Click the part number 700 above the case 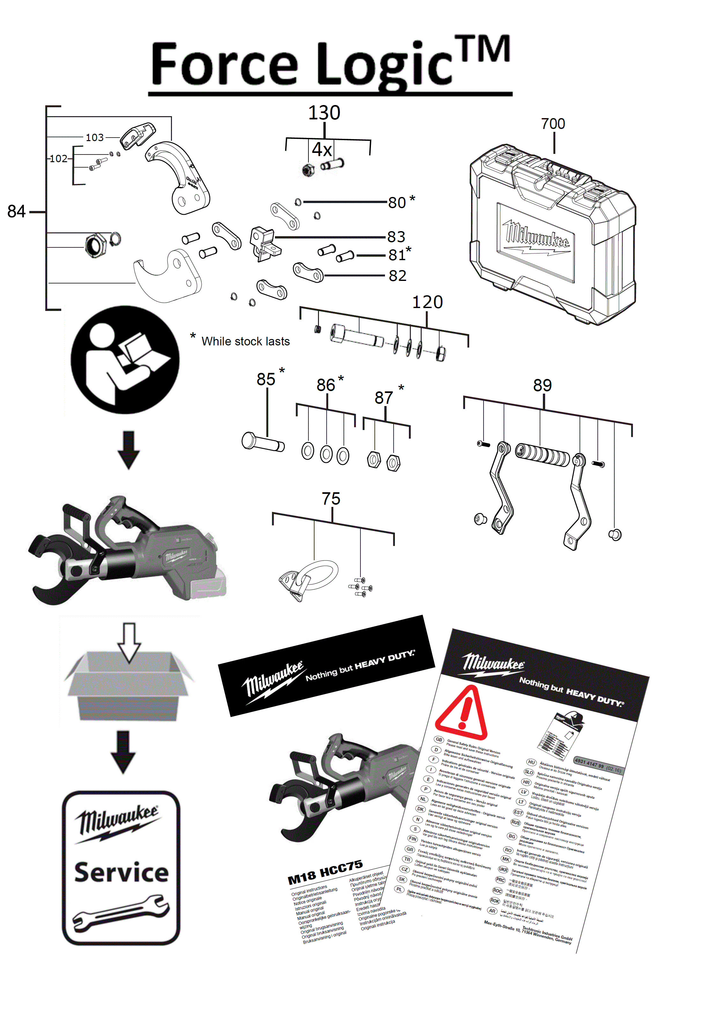point(553,124)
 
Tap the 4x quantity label point(322,150)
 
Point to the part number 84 point(17,211)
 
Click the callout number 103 point(95,138)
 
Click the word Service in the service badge point(122,873)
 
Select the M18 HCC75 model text point(325,872)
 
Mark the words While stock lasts point(246,341)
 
